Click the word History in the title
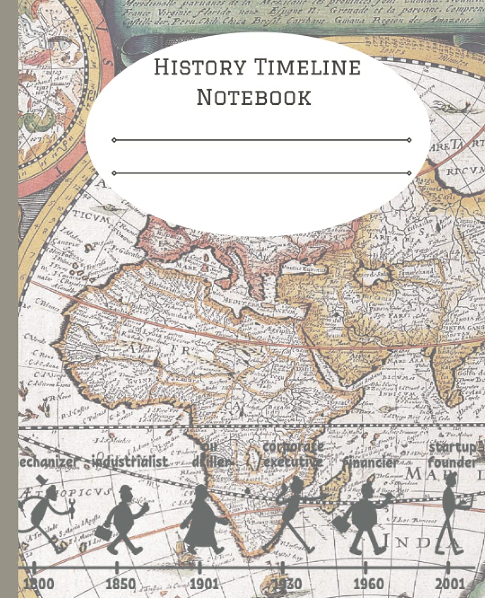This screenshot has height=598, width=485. coord(199,67)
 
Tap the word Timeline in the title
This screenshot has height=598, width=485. coord(306,67)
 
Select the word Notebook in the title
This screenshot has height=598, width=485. coord(254,97)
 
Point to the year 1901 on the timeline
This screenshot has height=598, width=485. coord(203,584)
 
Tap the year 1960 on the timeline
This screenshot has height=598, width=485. coord(369,584)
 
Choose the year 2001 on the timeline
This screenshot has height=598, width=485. coord(450,584)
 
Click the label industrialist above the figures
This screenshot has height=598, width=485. coord(130,462)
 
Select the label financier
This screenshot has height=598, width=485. coord(371,463)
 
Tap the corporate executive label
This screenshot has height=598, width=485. coord(293,454)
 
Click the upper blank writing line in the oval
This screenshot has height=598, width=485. coord(261,140)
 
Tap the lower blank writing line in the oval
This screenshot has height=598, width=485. coord(261,173)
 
